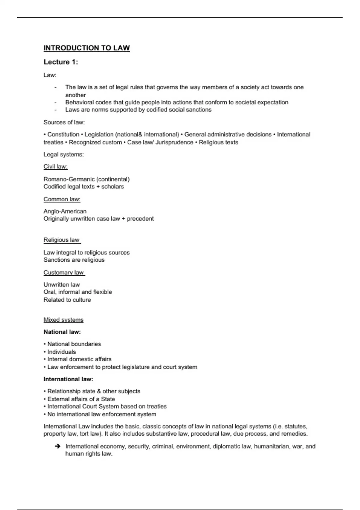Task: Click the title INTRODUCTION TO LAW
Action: pyautogui.click(x=87, y=48)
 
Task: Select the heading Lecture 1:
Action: pyautogui.click(x=61, y=62)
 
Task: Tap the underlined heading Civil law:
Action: pyautogui.click(x=55, y=166)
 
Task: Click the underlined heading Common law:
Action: pyautogui.click(x=62, y=199)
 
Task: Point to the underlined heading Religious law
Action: pyautogui.click(x=61, y=240)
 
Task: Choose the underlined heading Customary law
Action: pyautogui.click(x=64, y=272)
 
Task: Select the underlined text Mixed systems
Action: pyautogui.click(x=64, y=320)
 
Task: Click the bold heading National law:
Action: pyautogui.click(x=62, y=332)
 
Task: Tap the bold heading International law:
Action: pyautogui.click(x=68, y=379)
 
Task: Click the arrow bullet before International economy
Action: pyautogui.click(x=58, y=447)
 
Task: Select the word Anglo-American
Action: pyautogui.click(x=65, y=211)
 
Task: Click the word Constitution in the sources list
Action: pyautogui.click(x=63, y=135)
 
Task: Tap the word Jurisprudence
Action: pyautogui.click(x=174, y=142)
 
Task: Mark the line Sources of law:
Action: pyautogui.click(x=64, y=122)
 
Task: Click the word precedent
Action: pyautogui.click(x=140, y=219)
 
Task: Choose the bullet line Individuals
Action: pyautogui.click(x=61, y=352)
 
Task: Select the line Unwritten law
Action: pyautogui.click(x=62, y=285)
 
